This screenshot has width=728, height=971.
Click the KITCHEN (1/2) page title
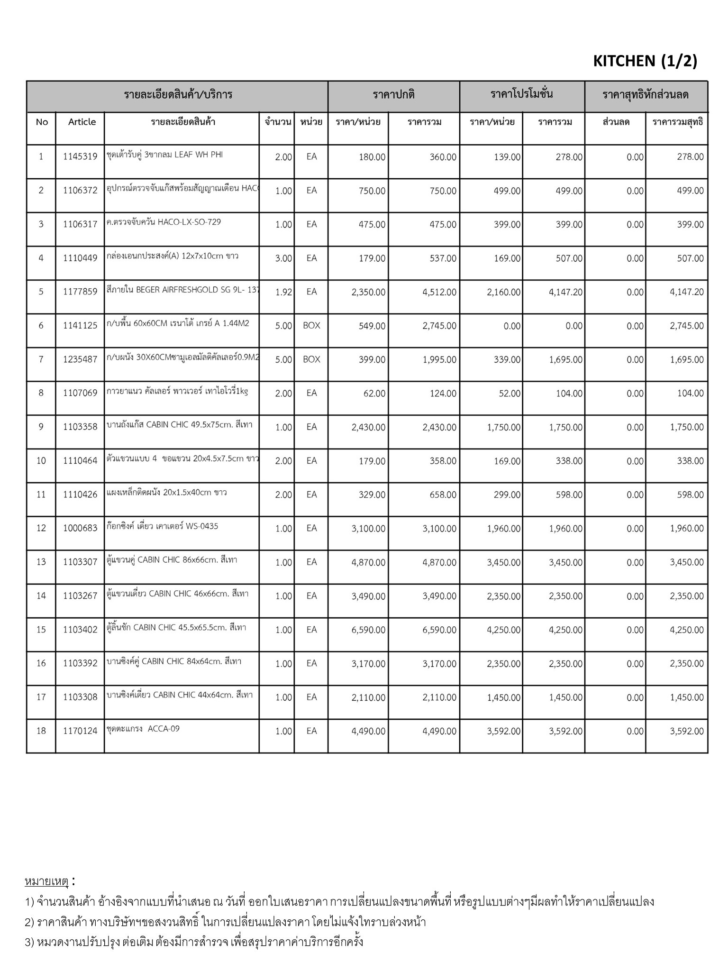click(645, 61)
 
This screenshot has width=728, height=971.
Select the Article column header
click(82, 122)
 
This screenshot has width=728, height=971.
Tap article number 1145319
click(80, 157)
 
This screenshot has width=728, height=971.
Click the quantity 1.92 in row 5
click(283, 292)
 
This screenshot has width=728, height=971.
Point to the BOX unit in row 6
click(311, 326)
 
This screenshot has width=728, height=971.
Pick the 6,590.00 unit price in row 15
click(368, 630)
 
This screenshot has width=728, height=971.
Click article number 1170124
click(80, 731)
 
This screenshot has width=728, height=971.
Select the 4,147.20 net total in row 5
click(686, 292)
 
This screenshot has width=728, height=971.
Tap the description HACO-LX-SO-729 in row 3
click(164, 222)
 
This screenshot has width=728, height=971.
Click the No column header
click(42, 122)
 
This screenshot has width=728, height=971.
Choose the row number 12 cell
click(41, 528)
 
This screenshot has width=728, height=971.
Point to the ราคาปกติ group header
click(393, 94)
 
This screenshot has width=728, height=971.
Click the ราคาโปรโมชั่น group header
click(521, 94)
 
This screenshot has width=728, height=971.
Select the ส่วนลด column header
click(616, 122)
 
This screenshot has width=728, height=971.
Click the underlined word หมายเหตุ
click(46, 882)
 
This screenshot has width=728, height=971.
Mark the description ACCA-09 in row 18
click(143, 729)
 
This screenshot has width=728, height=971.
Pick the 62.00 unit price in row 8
click(374, 394)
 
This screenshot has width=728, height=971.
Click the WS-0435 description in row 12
click(162, 526)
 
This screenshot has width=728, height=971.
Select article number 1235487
click(80, 359)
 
